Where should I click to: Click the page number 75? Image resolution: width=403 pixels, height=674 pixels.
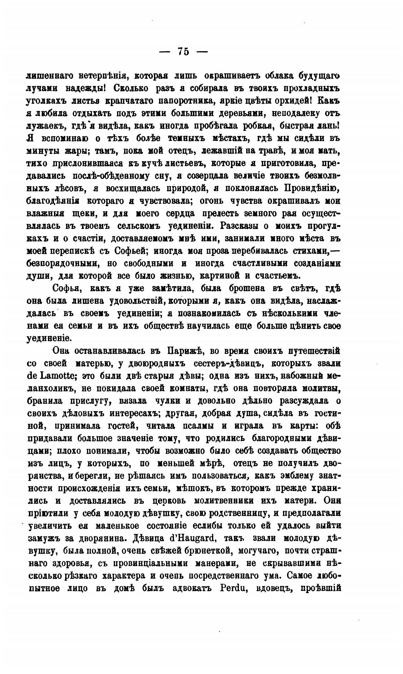click(x=183, y=52)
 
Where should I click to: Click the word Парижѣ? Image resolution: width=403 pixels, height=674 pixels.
click(x=184, y=351)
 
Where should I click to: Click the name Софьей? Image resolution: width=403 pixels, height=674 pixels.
click(x=130, y=251)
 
